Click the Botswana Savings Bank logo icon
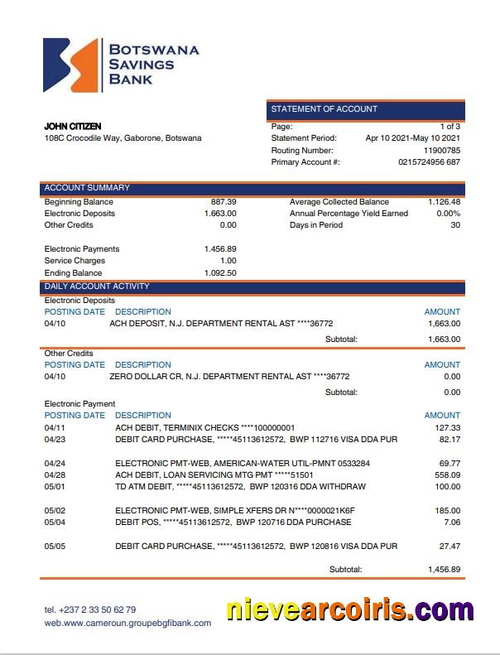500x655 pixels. point(72,65)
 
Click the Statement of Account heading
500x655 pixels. point(325,109)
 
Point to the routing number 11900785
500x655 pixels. point(441,151)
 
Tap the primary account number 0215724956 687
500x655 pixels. point(429,162)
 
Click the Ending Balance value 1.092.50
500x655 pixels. point(220,273)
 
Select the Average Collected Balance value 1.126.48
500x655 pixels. point(444,202)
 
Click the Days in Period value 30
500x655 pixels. point(454,225)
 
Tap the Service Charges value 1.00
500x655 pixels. point(228,261)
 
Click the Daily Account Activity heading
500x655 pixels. point(97,287)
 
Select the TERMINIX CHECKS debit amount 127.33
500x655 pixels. point(447,427)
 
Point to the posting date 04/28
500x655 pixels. point(54,475)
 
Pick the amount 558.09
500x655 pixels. point(447,475)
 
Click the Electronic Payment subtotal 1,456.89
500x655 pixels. point(444,570)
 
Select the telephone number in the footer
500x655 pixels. point(90,609)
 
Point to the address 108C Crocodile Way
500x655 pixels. point(123,138)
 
